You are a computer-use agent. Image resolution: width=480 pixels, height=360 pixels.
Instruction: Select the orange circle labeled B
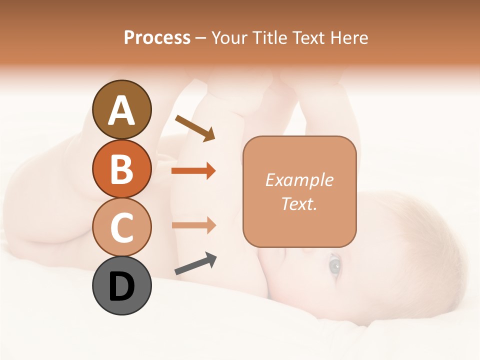tap(121, 168)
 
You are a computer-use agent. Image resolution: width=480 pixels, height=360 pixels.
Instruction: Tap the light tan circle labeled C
tap(121, 227)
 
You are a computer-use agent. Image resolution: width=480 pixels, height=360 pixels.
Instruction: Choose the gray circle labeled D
tap(121, 285)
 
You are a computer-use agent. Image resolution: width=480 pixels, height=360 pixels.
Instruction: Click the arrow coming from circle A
tap(195, 128)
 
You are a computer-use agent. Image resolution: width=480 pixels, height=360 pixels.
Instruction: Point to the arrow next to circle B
tap(193, 171)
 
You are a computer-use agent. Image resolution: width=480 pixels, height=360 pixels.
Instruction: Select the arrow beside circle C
tap(193, 225)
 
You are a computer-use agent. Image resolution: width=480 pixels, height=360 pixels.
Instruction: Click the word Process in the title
tap(157, 37)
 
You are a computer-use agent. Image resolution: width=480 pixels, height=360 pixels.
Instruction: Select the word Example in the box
tap(299, 180)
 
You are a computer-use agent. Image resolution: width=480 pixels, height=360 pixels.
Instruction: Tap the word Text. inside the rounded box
tap(299, 203)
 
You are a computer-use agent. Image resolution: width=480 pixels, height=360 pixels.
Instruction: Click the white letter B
tap(121, 169)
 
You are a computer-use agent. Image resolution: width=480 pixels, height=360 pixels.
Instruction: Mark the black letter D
tap(121, 286)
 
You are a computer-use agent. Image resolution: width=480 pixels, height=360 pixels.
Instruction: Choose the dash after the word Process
tap(200, 38)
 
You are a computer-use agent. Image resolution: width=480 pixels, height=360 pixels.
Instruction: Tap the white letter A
tap(121, 110)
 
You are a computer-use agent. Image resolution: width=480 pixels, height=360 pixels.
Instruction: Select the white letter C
tap(121, 227)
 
